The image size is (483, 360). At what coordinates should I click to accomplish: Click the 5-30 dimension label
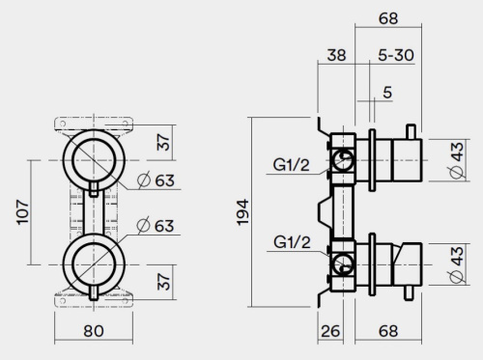(x=396, y=56)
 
